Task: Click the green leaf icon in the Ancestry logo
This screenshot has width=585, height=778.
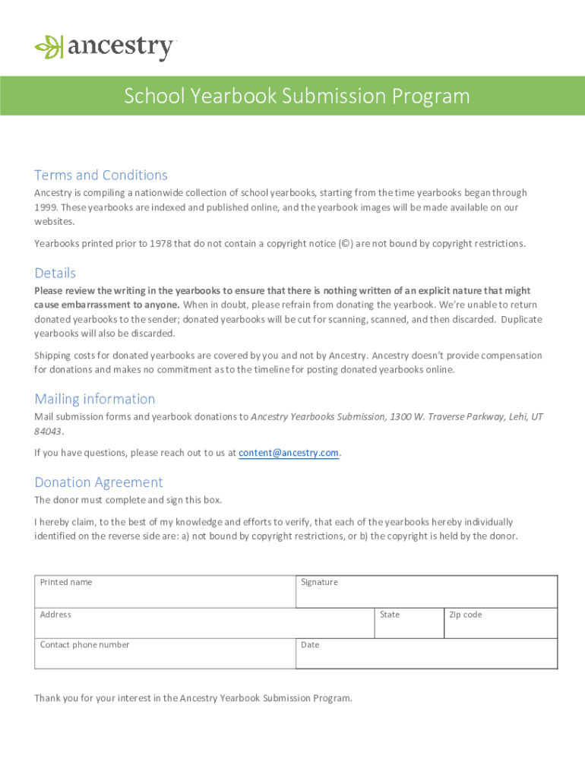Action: coord(49,47)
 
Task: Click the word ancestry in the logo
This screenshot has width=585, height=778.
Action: coord(122,48)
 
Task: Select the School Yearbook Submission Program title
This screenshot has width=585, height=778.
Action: coord(297,96)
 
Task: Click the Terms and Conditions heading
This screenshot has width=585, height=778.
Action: coord(101,175)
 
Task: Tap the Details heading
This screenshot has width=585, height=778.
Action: coord(55,273)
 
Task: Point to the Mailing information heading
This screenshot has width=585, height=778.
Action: coord(95,399)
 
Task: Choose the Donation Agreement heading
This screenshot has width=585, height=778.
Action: coord(99,482)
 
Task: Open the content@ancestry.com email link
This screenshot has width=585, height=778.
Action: coord(289,453)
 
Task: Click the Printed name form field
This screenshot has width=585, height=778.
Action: coord(165,592)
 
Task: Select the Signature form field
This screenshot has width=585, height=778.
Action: coord(426,592)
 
